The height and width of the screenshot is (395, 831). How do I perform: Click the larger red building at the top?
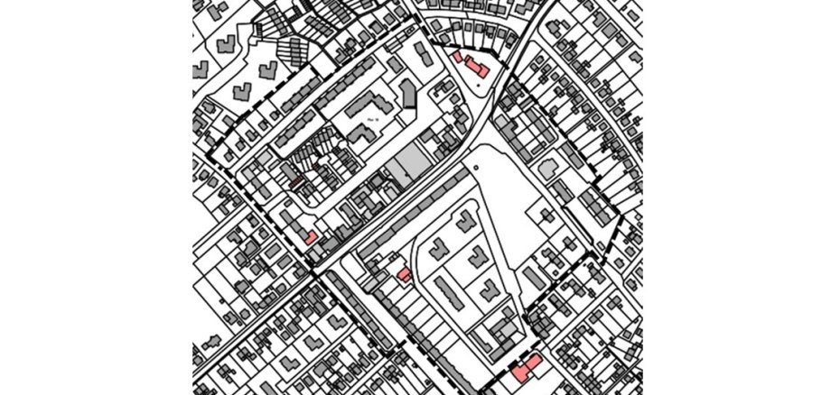click(x=477, y=68)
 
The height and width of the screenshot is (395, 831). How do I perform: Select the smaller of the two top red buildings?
click(x=458, y=57)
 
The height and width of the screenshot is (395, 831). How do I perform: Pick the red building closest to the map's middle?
click(x=405, y=273)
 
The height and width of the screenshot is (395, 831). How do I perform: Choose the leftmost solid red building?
click(x=310, y=237)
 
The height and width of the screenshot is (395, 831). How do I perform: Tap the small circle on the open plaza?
click(x=473, y=168)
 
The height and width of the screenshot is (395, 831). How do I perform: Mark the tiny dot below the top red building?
click(x=479, y=83)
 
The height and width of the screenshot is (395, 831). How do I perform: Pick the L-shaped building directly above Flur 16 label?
click(x=372, y=97)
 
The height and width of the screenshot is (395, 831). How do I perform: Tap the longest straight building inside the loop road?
click(x=449, y=292)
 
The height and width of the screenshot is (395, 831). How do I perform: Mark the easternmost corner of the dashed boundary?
click(x=622, y=217)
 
